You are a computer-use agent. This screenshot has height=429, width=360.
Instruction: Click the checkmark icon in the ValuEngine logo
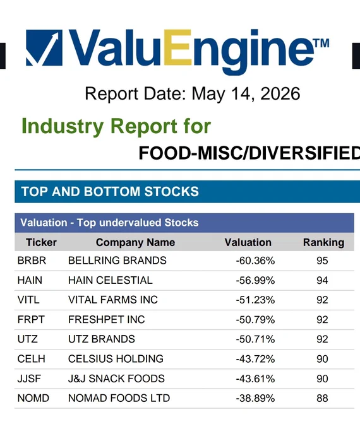tap(44, 47)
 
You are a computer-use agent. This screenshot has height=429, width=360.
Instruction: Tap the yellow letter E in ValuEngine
tap(177, 47)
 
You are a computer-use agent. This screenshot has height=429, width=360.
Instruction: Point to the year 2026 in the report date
tap(280, 93)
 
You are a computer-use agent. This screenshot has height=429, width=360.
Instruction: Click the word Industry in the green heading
tap(63, 126)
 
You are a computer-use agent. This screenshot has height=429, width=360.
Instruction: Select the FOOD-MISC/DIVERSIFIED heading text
tap(249, 153)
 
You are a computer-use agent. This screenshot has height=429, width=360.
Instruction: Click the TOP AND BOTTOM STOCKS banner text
tap(110, 192)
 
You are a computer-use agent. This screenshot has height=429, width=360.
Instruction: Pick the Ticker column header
tap(41, 242)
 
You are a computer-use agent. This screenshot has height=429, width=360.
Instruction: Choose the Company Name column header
tap(135, 242)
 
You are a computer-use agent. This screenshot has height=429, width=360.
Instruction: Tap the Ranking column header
tap(323, 243)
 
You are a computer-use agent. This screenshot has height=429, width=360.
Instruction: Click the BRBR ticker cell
tap(32, 261)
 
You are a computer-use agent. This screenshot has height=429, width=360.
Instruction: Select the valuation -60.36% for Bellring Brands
tap(255, 261)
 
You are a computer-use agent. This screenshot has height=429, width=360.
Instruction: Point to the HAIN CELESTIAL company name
tap(110, 280)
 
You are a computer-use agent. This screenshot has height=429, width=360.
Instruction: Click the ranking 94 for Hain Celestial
tap(322, 281)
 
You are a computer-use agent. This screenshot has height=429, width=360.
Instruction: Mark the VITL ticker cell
tap(28, 300)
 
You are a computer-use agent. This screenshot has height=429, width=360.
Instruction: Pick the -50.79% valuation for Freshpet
tap(255, 320)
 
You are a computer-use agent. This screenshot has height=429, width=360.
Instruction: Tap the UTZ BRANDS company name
tap(102, 339)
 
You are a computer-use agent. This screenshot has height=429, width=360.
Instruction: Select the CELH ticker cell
tap(31, 359)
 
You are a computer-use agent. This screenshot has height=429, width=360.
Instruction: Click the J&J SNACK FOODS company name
tap(116, 379)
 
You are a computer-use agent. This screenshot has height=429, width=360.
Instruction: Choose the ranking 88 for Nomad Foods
tap(322, 398)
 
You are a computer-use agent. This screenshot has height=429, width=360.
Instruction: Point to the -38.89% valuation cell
tap(255, 398)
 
